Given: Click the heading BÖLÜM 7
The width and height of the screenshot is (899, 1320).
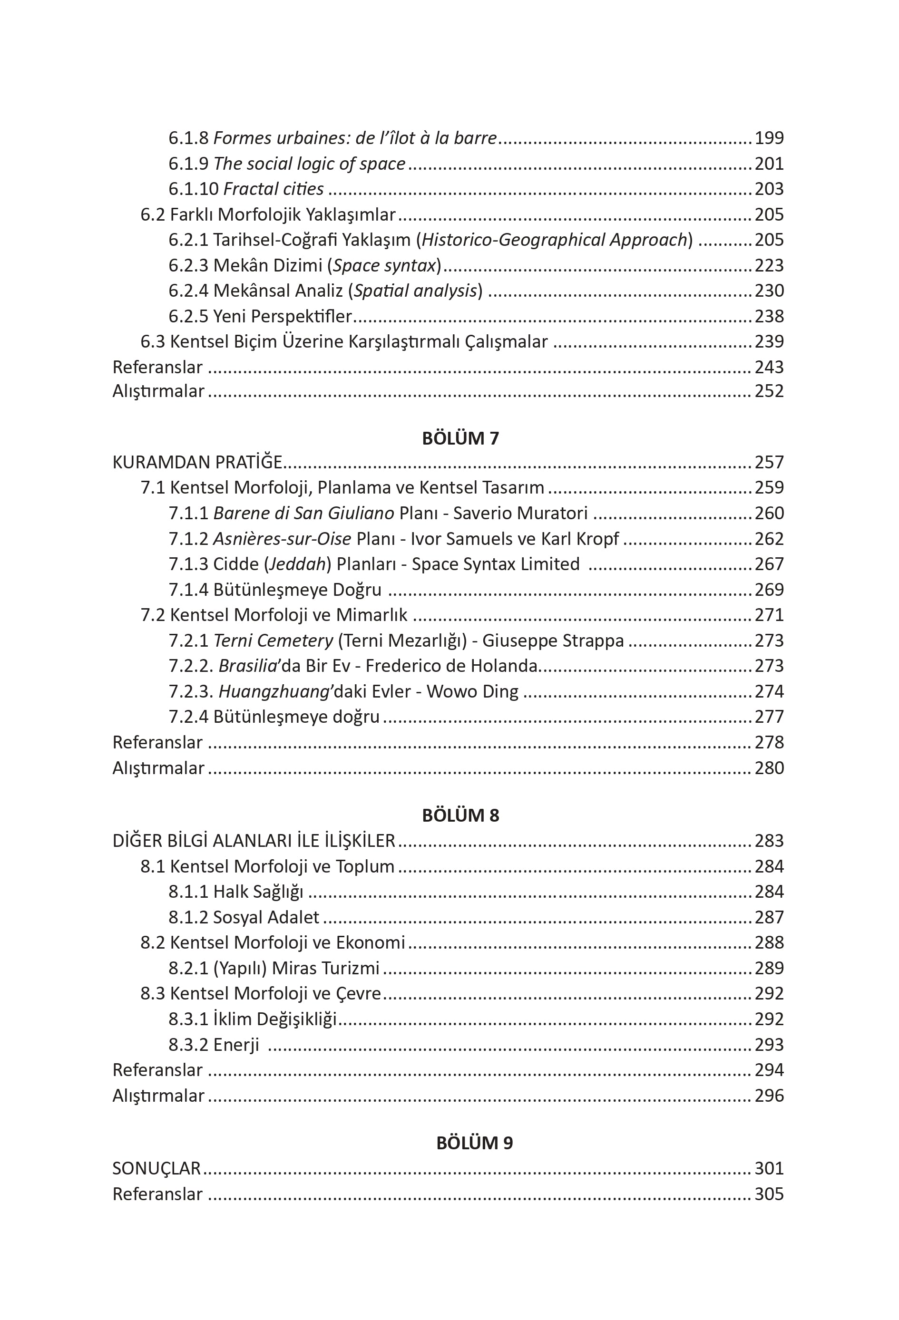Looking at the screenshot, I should click(x=460, y=438).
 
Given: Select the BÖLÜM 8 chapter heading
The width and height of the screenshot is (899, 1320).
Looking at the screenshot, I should click(x=460, y=815).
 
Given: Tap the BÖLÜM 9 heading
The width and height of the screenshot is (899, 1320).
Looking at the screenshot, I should click(x=475, y=1143).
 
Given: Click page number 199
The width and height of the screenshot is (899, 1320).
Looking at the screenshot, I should click(x=769, y=138).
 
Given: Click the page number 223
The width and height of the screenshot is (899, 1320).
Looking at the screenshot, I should click(x=769, y=265).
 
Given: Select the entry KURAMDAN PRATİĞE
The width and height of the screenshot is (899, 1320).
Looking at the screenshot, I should click(x=197, y=462).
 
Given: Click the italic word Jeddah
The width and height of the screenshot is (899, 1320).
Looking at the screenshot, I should click(x=295, y=564).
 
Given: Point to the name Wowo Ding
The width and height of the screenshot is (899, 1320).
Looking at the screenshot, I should click(x=472, y=691).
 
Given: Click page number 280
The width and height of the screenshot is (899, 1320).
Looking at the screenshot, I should click(x=769, y=768).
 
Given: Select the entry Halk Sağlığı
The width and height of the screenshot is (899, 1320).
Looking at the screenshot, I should click(x=258, y=892).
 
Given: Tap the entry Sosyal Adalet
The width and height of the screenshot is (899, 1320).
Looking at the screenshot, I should click(x=266, y=917).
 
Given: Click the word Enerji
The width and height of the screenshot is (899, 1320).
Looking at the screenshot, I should click(x=236, y=1045).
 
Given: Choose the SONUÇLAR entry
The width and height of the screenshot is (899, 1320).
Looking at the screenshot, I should click(x=156, y=1168).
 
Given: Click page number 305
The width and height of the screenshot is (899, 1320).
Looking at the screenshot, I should click(x=769, y=1194).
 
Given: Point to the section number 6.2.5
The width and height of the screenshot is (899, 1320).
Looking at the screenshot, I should click(x=188, y=316).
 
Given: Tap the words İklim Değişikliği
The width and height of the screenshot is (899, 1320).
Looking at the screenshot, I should click(x=275, y=1019).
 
